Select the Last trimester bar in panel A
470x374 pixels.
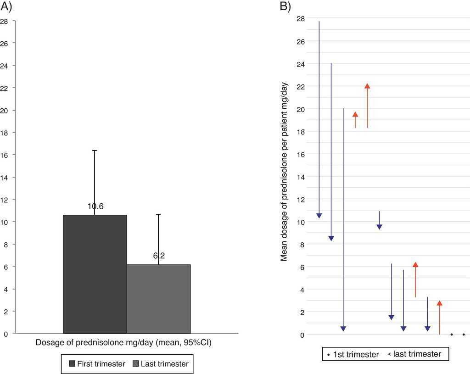(x=159, y=298)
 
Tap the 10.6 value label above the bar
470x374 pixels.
(x=95, y=207)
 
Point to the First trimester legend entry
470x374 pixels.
(x=97, y=364)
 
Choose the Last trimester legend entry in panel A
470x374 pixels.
(x=160, y=364)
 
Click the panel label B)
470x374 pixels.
(x=285, y=6)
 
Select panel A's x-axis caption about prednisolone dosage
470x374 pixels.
(x=123, y=342)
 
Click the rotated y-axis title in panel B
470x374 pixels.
(x=284, y=172)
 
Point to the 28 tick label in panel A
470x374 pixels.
(x=4, y=21)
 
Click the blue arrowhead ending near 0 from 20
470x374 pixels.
(x=343, y=329)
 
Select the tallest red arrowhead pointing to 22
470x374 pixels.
(x=367, y=86)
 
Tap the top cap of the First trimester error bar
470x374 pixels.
(x=95, y=151)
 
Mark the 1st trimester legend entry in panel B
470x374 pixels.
(x=353, y=354)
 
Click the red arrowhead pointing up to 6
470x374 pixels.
(x=415, y=265)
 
